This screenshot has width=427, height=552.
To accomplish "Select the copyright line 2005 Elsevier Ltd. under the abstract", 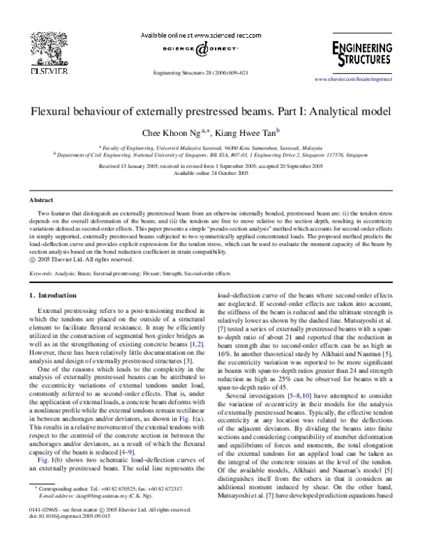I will click(x=75, y=260).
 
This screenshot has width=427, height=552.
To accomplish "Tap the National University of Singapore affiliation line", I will click(x=213, y=153).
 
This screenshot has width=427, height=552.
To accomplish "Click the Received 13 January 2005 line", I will click(x=213, y=165).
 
